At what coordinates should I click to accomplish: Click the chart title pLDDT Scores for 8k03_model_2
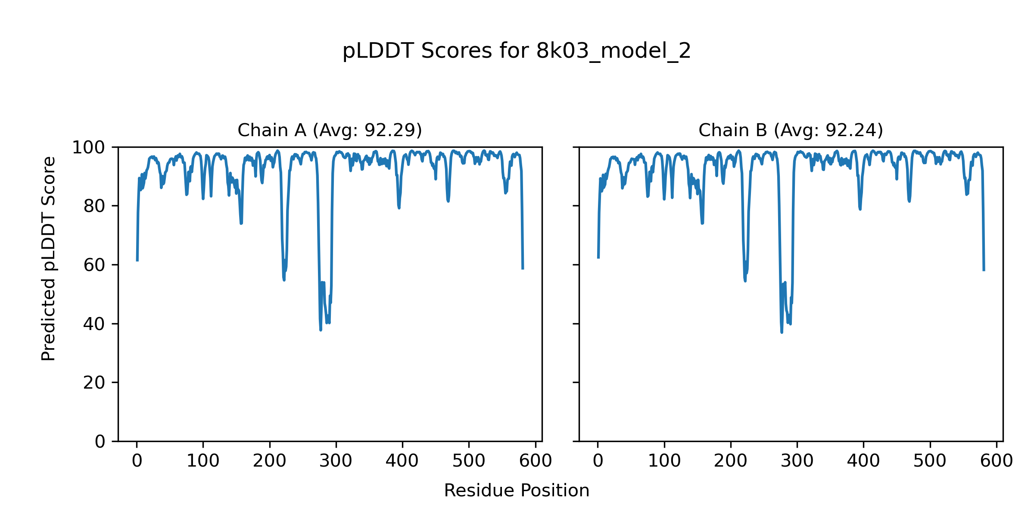click(517, 51)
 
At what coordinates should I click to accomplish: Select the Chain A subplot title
click(330, 130)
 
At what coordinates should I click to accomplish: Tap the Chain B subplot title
click(791, 130)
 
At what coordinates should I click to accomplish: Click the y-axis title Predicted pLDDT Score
click(48, 258)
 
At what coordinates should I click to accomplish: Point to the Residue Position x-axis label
click(517, 491)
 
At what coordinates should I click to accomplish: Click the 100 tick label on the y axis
click(88, 148)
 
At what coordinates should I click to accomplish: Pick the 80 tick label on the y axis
click(94, 206)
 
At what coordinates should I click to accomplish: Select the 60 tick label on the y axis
click(94, 265)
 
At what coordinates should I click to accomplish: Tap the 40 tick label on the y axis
click(94, 324)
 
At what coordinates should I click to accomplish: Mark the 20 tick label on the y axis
click(94, 383)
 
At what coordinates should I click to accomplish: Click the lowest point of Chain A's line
click(321, 330)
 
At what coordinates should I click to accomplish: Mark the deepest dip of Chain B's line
click(782, 332)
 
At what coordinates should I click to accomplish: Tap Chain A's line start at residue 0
click(137, 261)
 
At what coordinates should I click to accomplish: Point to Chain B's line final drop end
click(984, 271)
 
